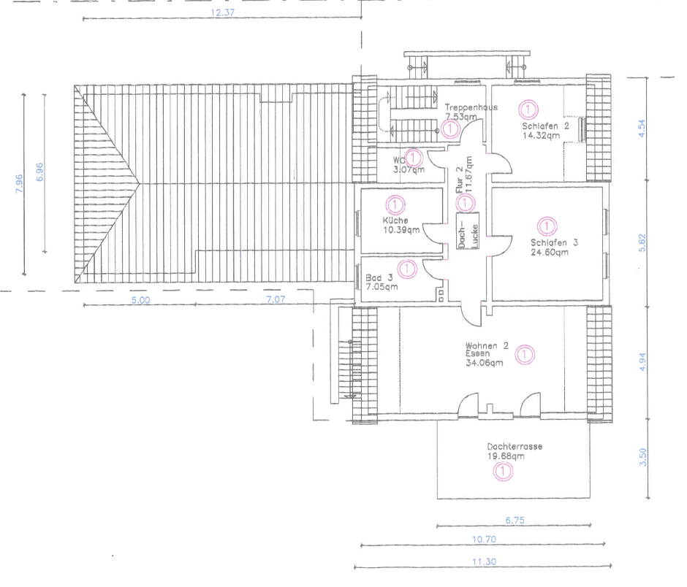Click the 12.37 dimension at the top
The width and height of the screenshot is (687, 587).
(221, 13)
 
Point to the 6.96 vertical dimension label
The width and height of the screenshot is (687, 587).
(40, 171)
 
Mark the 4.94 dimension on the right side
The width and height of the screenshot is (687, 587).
(642, 362)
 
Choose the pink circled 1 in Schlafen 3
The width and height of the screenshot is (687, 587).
(545, 226)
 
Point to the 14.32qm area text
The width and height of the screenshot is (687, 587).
(541, 134)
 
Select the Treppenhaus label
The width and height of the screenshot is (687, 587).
(471, 107)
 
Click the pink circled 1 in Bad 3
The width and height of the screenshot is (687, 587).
(408, 269)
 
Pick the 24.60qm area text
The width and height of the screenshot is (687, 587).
(550, 253)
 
